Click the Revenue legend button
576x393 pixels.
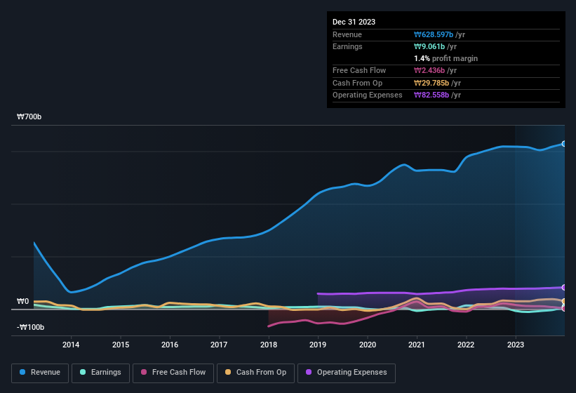[39, 373]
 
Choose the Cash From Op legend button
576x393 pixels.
[255, 373]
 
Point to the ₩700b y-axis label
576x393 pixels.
[29, 117]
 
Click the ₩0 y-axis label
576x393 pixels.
[23, 302]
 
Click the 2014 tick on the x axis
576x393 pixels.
[71, 345]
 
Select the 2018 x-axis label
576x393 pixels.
[269, 345]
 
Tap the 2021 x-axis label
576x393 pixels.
[417, 345]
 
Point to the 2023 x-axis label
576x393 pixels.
[516, 345]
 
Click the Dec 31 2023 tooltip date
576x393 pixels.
[354, 22]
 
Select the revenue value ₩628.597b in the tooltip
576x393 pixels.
[434, 34]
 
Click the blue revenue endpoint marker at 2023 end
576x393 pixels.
[563, 144]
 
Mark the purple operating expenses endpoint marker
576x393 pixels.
[563, 287]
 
